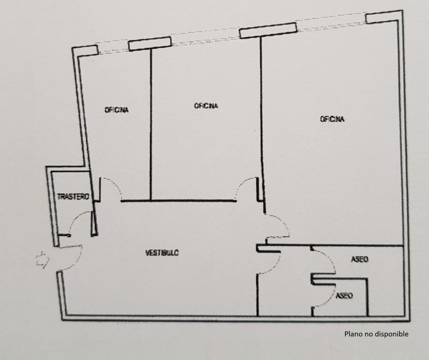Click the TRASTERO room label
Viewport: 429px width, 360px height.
pyautogui.click(x=73, y=197)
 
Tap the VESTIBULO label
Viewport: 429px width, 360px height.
pyautogui.click(x=162, y=252)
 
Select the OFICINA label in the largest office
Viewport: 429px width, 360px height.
pyautogui.click(x=332, y=119)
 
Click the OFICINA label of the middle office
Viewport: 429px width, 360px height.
pyautogui.click(x=206, y=106)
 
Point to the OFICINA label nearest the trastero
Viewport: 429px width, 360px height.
pyautogui.click(x=116, y=110)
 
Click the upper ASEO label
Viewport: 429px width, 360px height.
pyautogui.click(x=359, y=259)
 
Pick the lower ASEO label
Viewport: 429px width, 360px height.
pyautogui.click(x=344, y=296)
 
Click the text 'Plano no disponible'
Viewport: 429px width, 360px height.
pyautogui.click(x=377, y=334)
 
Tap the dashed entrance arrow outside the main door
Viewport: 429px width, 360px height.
pyautogui.click(x=42, y=259)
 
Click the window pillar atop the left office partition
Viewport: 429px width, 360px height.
pyautogui.click(x=150, y=44)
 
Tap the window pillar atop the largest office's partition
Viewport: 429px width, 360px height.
pyautogui.click(x=268, y=30)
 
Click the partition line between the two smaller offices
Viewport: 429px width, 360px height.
pyautogui.click(x=150, y=126)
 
